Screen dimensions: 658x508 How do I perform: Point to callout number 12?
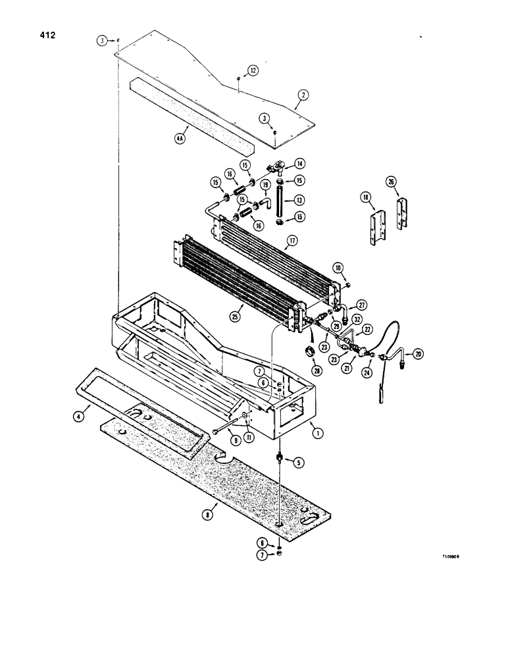(x=253, y=70)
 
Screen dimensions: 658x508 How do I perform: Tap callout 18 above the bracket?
(x=364, y=197)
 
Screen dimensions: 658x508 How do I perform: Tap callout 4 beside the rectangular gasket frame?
(x=78, y=417)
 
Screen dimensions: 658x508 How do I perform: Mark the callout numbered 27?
(x=361, y=305)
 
